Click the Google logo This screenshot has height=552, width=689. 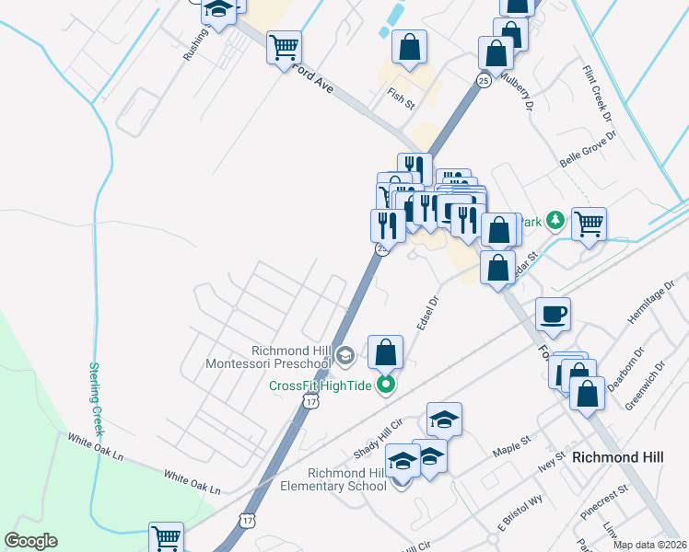[30, 541]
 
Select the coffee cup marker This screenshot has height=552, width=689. [553, 315]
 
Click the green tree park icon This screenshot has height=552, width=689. [555, 220]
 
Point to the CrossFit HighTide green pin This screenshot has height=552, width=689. [387, 385]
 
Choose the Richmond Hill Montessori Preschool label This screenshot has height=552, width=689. [291, 357]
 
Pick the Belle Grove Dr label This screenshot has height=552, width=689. [588, 148]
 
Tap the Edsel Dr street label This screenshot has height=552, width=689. [426, 313]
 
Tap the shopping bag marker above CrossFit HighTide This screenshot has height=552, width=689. [386, 351]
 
